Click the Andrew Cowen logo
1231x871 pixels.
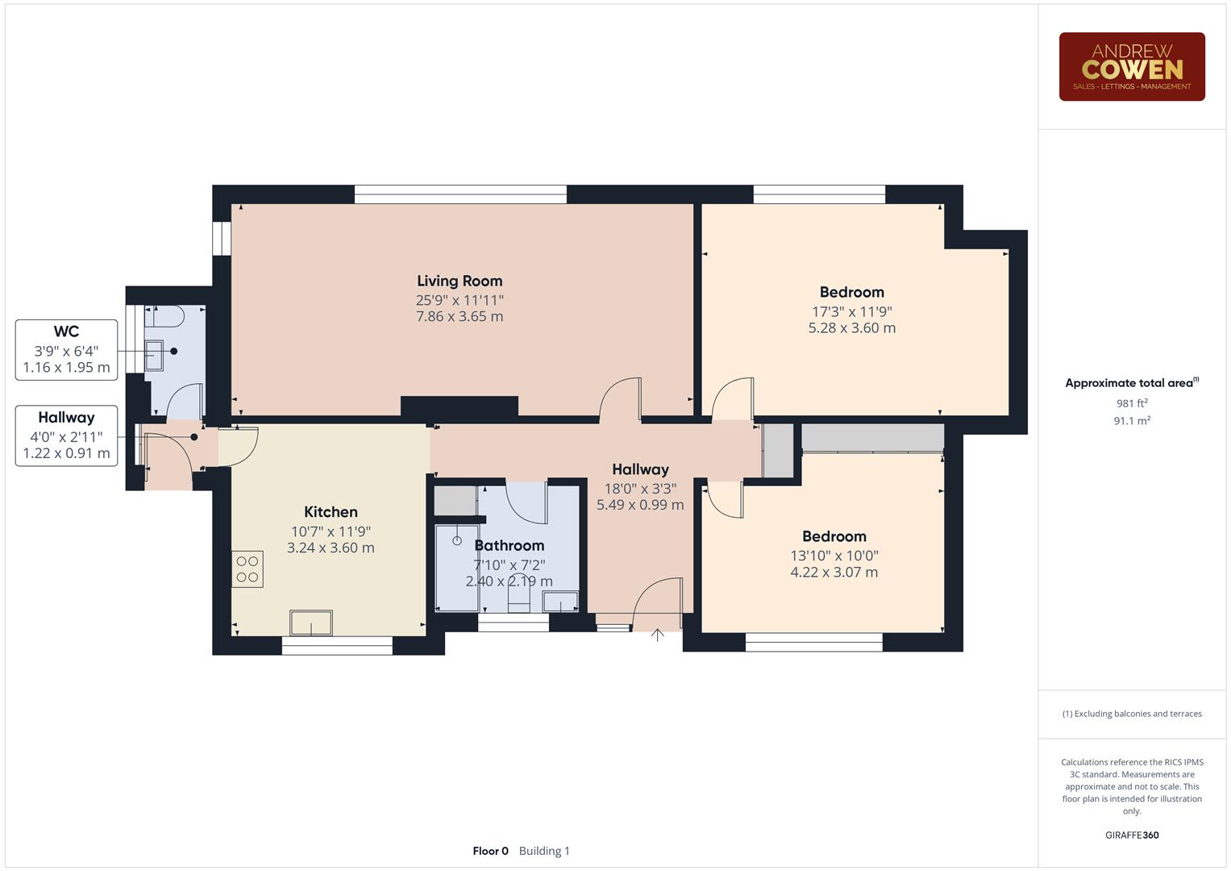1131,67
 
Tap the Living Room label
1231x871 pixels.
460,281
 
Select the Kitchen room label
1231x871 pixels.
331,512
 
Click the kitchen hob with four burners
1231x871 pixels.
247,569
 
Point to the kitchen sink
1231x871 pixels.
311,623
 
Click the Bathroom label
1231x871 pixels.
509,546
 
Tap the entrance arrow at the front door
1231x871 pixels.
657,636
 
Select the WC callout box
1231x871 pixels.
66,350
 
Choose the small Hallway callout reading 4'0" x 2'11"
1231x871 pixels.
66,436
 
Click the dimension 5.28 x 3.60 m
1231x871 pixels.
851,328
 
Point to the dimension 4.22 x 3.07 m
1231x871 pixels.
834,573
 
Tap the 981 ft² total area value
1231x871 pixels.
1131,403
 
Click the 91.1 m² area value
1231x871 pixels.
1131,421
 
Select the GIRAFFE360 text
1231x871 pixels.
1131,836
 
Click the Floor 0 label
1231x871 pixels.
490,851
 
